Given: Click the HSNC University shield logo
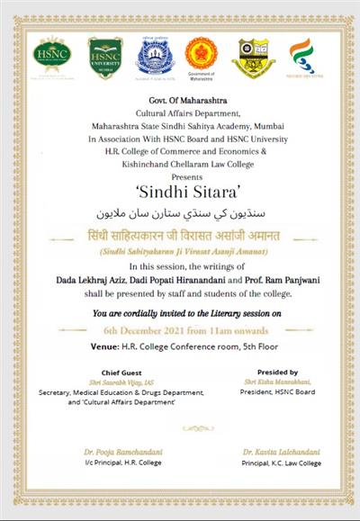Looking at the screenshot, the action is click(105, 57).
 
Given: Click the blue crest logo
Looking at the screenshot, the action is click(152, 56).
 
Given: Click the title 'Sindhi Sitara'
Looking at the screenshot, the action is click(180, 190).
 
